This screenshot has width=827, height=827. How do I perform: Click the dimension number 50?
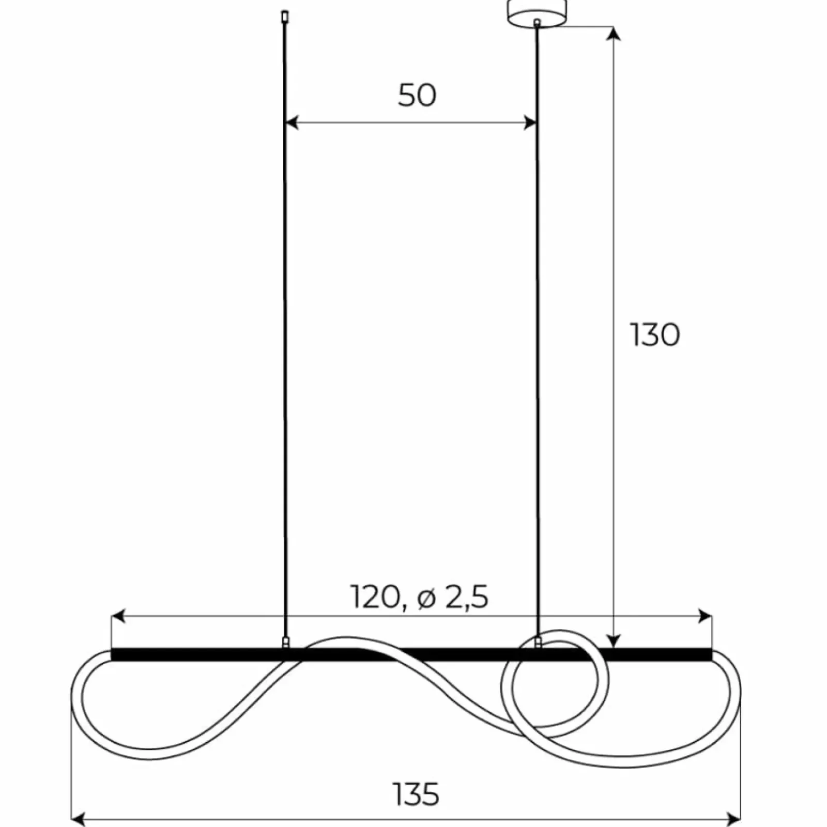pyautogui.click(x=417, y=95)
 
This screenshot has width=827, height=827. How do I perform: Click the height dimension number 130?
pyautogui.click(x=655, y=334)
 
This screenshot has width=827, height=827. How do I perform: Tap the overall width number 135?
pyautogui.click(x=416, y=794)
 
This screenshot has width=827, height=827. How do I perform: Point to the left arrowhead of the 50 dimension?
pyautogui.click(x=292, y=123)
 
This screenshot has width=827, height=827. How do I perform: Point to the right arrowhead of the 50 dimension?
pyautogui.click(x=530, y=123)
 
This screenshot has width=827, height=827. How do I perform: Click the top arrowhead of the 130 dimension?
pyautogui.click(x=614, y=32)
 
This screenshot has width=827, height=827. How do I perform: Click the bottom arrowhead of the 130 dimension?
pyautogui.click(x=614, y=640)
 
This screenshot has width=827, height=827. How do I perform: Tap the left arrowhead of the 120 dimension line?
pyautogui.click(x=118, y=616)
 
